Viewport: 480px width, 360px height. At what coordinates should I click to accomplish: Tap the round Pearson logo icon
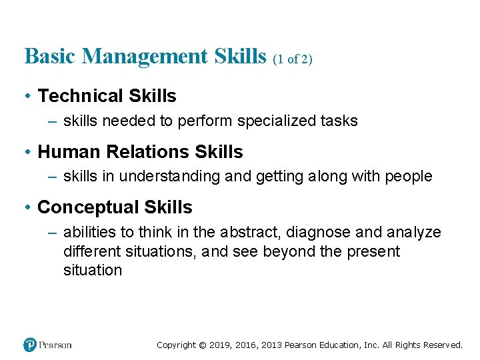(x=30, y=345)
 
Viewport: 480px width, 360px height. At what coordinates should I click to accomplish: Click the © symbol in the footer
(x=203, y=345)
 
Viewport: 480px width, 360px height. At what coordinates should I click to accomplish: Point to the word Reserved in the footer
(x=441, y=345)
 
